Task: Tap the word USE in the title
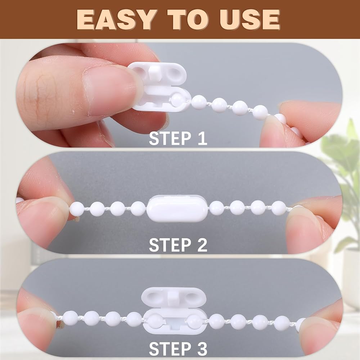click(249, 20)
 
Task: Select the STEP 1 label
click(178, 139)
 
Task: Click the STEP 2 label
click(178, 245)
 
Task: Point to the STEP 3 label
click(178, 349)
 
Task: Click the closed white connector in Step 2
click(177, 208)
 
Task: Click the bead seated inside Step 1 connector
click(177, 99)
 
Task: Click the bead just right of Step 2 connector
click(216, 208)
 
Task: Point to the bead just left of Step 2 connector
click(138, 208)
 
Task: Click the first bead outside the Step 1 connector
click(199, 103)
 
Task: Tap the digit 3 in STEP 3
click(202, 349)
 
